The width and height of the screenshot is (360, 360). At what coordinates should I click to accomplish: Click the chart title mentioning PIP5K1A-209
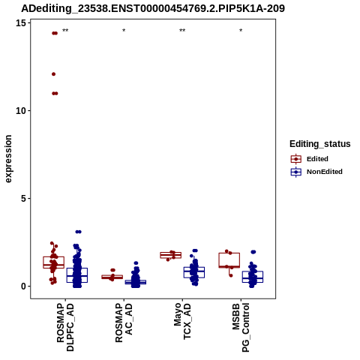coord(153,8)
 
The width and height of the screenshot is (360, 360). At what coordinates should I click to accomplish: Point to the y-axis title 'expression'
coord(8,159)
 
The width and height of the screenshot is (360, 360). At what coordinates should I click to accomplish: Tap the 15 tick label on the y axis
coord(21,23)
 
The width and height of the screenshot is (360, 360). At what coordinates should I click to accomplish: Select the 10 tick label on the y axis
coord(21,111)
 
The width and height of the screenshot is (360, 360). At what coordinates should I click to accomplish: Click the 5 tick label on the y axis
coord(24,199)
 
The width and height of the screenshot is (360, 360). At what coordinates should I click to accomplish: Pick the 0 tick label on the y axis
coord(24,286)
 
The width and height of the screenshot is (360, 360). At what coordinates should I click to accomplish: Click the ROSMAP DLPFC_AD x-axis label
coord(65,327)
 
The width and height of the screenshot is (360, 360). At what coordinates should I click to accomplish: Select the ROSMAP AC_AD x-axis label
coord(124,322)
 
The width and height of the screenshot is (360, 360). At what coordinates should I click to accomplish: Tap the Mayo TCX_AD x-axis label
coord(182,321)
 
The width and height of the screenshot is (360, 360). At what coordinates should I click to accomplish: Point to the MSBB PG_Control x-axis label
coord(241,328)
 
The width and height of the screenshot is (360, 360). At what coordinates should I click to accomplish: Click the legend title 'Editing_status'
coord(320,144)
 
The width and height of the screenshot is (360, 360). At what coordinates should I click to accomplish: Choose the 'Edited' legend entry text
coord(317,159)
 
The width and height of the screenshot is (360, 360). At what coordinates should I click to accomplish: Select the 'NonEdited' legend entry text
coord(325,172)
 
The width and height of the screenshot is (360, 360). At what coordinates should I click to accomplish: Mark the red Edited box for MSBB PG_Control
coord(229,253)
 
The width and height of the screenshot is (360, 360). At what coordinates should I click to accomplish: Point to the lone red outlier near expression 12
coord(53,74)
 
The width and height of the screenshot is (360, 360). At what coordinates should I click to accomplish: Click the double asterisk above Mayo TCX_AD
coord(182,31)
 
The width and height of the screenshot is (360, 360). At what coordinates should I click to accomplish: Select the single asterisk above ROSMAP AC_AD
coord(124,31)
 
